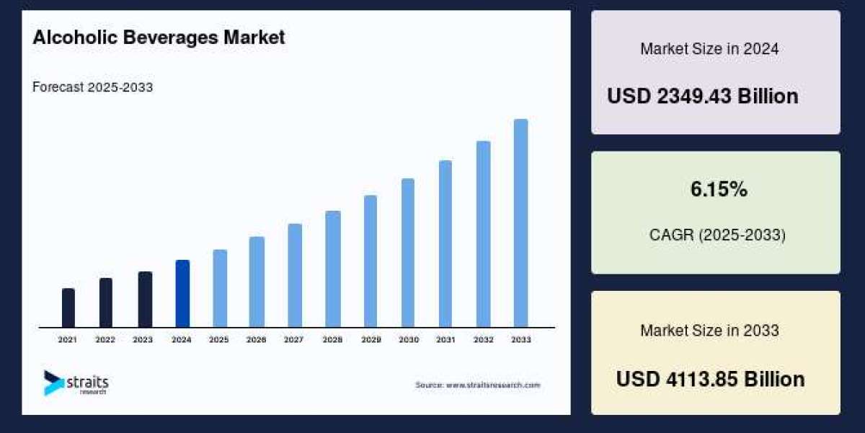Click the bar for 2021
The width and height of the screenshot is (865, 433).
click(68, 308)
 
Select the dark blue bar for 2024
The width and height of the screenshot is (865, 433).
click(182, 294)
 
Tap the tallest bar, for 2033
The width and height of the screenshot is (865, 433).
click(520, 223)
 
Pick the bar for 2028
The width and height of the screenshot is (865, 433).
click(332, 269)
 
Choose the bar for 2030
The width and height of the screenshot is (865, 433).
click(408, 253)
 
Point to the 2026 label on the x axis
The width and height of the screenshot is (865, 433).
click(257, 339)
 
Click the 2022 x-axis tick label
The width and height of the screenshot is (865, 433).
click(106, 339)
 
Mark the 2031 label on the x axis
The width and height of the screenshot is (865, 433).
click(445, 339)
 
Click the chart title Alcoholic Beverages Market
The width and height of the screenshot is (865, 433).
click(159, 38)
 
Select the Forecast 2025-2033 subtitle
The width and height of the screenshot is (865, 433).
click(92, 87)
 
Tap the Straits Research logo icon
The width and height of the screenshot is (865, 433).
click(53, 382)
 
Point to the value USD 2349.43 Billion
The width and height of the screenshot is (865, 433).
click(702, 96)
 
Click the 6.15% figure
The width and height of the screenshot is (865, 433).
click(719, 190)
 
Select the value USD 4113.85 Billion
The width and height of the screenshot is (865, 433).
click(710, 379)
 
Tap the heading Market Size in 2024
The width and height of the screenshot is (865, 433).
click(709, 49)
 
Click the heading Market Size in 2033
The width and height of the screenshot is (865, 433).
click(709, 331)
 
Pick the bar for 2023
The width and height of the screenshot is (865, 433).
click(145, 299)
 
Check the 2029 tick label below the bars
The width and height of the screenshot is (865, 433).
click(370, 339)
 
